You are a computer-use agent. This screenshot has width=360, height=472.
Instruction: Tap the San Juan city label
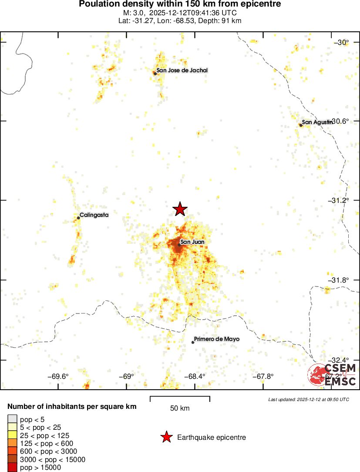click(192, 242)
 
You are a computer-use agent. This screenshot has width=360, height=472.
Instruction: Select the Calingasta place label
click(94, 215)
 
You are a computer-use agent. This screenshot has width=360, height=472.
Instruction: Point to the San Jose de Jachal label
click(182, 71)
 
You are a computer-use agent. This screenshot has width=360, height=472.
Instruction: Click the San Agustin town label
click(317, 122)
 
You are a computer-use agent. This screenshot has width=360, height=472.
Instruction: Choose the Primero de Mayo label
click(217, 339)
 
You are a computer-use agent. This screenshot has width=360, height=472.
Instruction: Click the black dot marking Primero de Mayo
click(193, 342)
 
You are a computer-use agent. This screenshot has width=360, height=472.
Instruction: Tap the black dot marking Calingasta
click(78, 218)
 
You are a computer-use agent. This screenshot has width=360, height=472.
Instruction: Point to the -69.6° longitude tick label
click(58, 377)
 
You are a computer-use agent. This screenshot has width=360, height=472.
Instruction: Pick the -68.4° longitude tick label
click(194, 377)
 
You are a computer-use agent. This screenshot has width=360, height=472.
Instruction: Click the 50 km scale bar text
click(180, 408)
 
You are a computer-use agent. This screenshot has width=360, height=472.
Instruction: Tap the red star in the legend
click(166, 438)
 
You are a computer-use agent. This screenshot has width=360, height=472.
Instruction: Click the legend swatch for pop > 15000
click(12, 468)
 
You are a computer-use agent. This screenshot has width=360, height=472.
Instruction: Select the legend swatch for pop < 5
click(12, 420)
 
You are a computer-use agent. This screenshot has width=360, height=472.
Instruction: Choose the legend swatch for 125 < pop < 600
click(12, 444)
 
